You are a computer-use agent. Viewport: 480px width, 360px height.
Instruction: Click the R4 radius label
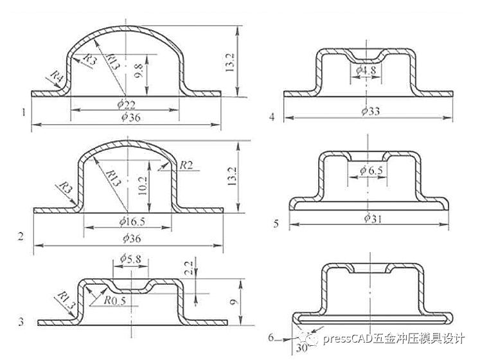click(56, 78)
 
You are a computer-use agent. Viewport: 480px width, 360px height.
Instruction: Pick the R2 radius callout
click(186, 165)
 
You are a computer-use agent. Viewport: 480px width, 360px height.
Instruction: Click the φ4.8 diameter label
click(364, 69)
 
